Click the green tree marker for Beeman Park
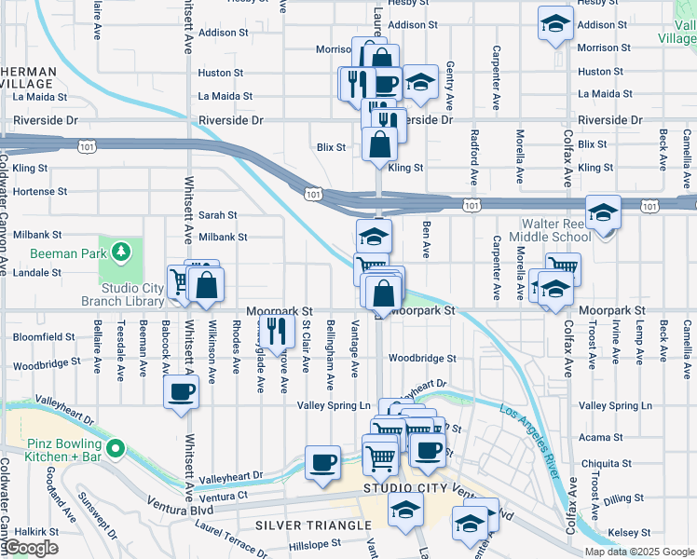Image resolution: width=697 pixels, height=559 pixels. tap(119, 252)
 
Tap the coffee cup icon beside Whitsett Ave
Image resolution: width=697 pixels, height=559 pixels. tap(181, 391)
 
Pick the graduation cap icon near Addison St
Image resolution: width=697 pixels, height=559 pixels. tap(555, 22)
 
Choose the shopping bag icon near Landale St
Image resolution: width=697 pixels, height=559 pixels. tap(207, 286)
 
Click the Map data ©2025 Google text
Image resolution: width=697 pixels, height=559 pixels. tap(639, 552)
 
